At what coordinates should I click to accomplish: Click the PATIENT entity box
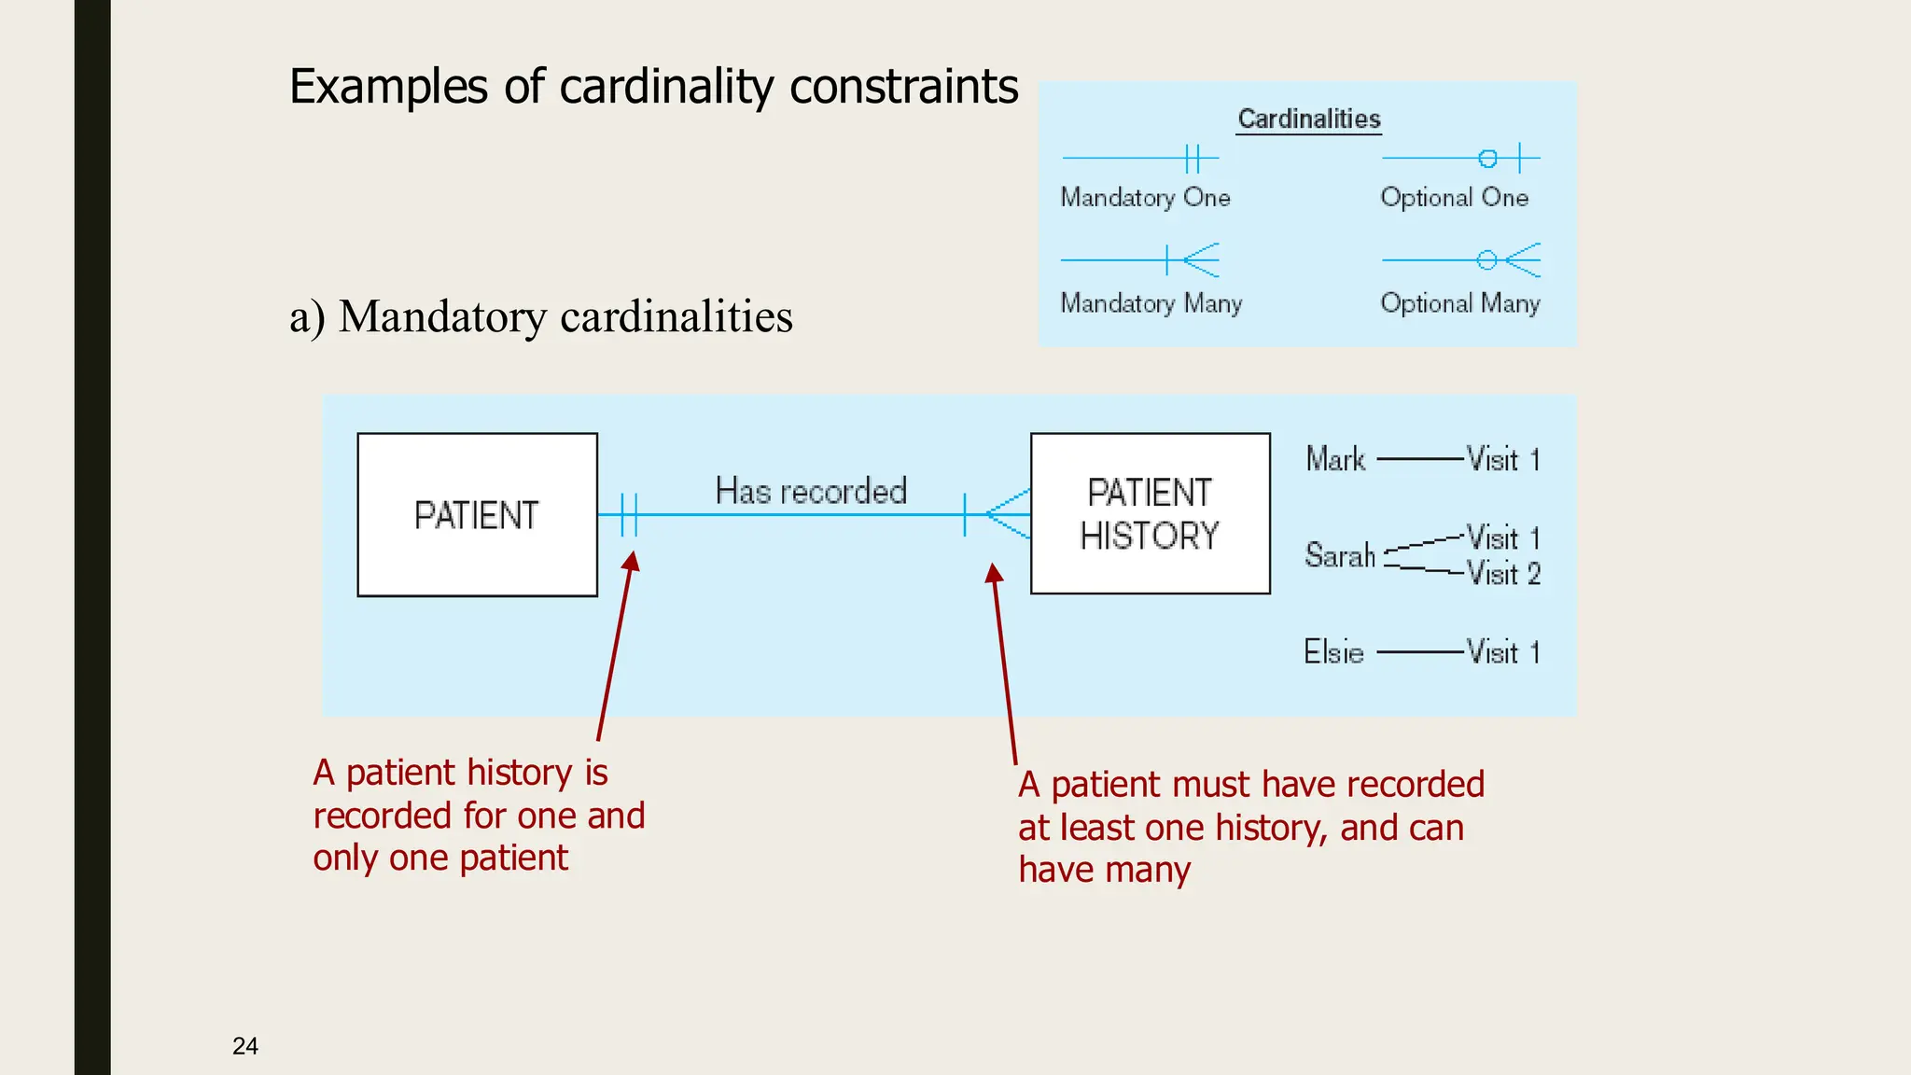[x=477, y=514]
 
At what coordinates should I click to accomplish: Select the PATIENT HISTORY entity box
[x=1150, y=513]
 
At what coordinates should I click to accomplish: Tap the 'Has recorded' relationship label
[x=811, y=491]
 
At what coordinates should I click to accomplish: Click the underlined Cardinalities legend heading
[x=1308, y=119]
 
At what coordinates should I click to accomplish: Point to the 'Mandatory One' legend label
[x=1145, y=198]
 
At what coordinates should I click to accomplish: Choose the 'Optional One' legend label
[x=1454, y=198]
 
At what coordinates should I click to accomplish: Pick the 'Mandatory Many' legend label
[x=1151, y=303]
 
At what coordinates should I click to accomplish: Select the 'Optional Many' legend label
[x=1459, y=303]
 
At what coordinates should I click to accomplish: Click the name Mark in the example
[x=1335, y=459]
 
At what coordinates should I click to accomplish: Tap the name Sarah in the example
[x=1340, y=555]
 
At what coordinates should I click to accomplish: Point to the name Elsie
[x=1333, y=651]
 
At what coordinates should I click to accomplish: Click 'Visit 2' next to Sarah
[x=1503, y=573]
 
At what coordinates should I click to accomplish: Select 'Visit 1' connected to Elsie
[x=1503, y=651]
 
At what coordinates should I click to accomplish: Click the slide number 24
[x=245, y=1046]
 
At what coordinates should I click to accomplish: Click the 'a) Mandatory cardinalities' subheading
[x=540, y=316]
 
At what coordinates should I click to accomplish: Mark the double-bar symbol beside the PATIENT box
[x=630, y=514]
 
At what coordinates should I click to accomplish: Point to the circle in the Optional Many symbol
[x=1486, y=260]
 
